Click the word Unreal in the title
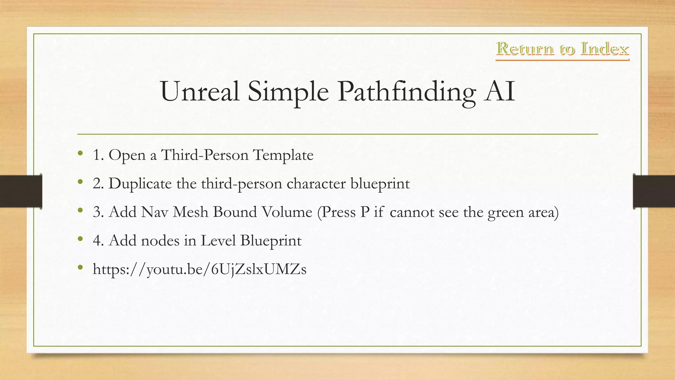coord(200,91)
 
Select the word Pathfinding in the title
coord(406,91)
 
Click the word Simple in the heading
coord(288,91)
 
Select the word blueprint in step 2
coord(380,183)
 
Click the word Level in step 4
coord(218,240)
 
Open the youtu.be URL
coord(200,269)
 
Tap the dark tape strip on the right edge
coord(654,191)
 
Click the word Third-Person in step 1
coord(205,155)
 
